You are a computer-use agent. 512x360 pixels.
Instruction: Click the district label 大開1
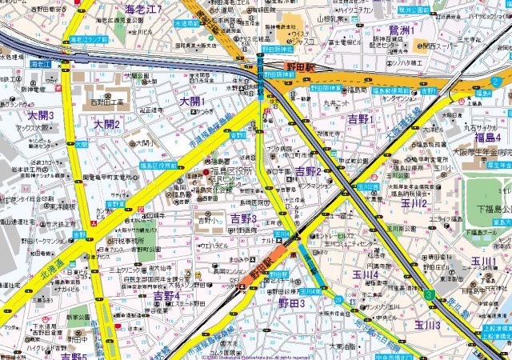(x=192, y=102)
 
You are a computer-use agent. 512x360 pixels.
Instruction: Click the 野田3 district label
(x=291, y=304)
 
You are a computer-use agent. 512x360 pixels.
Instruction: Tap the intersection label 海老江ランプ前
(x=88, y=38)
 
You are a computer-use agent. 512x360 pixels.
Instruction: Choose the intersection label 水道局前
(x=185, y=24)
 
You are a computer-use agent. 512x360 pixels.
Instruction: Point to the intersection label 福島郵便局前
(x=391, y=91)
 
